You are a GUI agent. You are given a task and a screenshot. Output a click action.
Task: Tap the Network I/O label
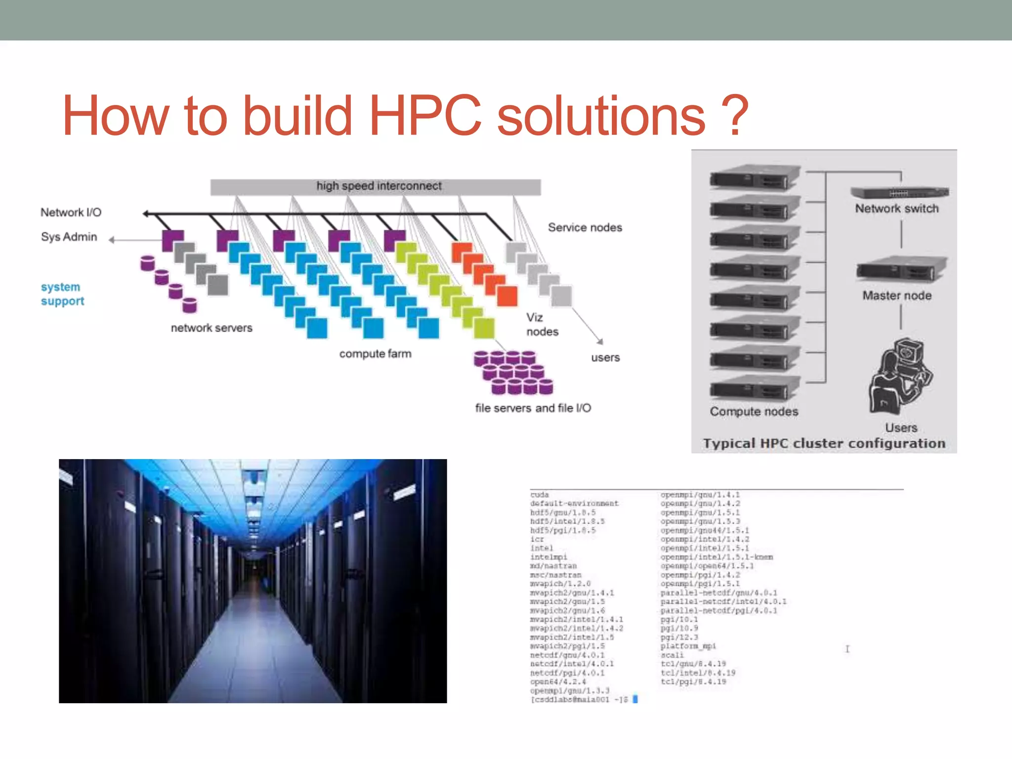point(71,212)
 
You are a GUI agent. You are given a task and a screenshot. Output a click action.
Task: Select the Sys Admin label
point(69,237)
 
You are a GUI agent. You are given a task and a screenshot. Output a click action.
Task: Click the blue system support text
point(62,294)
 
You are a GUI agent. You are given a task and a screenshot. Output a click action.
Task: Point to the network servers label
point(211,328)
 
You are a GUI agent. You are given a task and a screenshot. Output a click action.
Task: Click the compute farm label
point(375,354)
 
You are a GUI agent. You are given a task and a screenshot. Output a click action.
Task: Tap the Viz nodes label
point(542,325)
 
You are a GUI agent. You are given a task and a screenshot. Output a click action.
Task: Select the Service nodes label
point(585,228)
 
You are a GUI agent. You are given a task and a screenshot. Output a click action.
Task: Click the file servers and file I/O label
point(533,408)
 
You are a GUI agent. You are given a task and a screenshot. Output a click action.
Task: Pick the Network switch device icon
point(899,192)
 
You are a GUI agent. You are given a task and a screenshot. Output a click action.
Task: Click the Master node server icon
point(901,270)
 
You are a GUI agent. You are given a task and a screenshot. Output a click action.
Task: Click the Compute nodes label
point(754,412)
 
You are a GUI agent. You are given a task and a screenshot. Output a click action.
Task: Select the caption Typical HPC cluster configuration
point(824,444)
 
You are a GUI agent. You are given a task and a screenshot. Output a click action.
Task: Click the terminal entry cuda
point(539,495)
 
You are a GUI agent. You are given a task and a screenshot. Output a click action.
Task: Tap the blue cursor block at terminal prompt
point(635,699)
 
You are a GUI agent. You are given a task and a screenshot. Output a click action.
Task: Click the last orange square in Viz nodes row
point(507,296)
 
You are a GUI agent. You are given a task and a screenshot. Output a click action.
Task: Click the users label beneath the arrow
point(605,358)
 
